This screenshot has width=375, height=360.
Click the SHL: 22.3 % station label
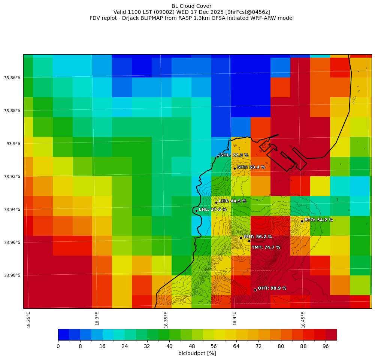[234, 155]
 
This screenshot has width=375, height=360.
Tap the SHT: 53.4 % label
[251, 167]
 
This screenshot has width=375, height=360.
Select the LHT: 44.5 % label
[232, 201]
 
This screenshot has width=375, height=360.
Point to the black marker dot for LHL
[196, 211]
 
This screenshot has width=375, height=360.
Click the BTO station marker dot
[302, 221]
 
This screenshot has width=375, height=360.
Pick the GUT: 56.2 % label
[258, 237]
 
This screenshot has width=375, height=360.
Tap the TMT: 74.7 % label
[266, 247]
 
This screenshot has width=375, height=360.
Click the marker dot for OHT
[255, 290]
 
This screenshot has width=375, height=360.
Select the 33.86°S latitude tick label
[12, 78]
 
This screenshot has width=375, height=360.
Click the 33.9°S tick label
[13, 144]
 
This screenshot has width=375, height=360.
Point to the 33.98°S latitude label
[12, 275]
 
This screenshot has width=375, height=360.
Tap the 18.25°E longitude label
[29, 320]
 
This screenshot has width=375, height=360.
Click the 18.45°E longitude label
[303, 320]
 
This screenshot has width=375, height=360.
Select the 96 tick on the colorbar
[325, 347]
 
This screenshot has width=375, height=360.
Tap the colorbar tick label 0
[58, 347]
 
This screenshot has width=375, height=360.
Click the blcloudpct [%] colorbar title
[197, 353]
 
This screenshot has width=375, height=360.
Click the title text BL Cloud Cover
[191, 6]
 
